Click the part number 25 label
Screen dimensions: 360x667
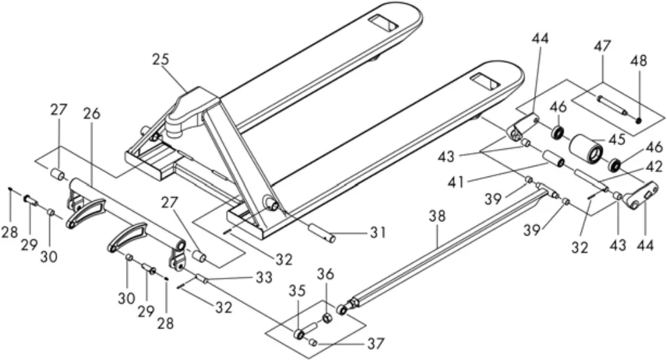click(x=160, y=60)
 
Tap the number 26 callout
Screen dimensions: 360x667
click(x=92, y=114)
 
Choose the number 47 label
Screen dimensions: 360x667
click(x=602, y=47)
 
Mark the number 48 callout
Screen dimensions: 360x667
click(x=639, y=61)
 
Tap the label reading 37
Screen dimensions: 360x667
click(x=376, y=344)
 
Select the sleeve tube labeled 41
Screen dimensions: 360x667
click(x=553, y=159)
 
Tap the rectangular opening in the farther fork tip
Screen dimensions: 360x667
click(x=384, y=26)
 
